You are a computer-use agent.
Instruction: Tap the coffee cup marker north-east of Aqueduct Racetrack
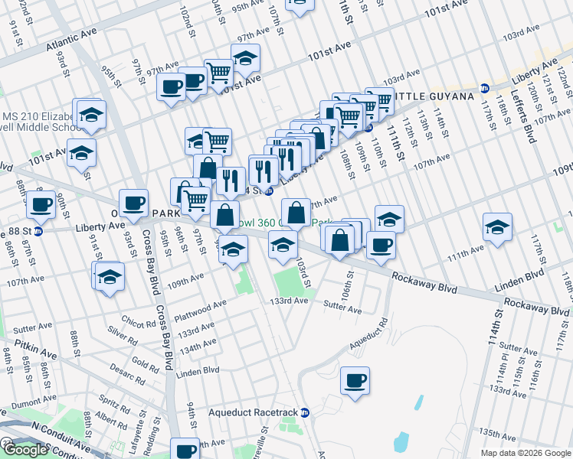(355, 380)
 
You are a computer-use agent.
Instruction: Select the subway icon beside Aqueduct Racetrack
(304, 412)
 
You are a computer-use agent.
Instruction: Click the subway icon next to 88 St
(38, 228)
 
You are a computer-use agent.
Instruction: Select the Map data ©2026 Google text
(525, 453)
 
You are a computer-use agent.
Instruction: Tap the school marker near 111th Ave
(497, 227)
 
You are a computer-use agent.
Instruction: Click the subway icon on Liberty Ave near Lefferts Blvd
(484, 87)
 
